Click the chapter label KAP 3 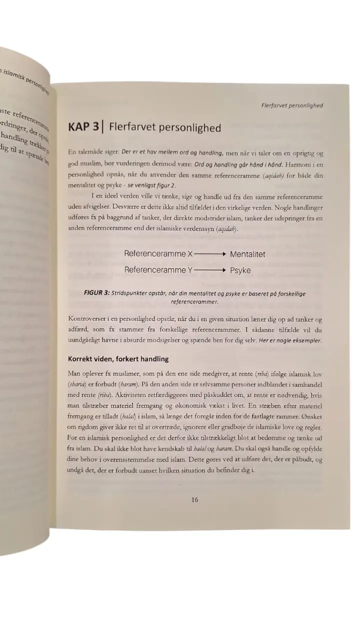[x=83, y=127]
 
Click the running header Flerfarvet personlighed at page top [x=292, y=105]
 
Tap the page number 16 [x=194, y=499]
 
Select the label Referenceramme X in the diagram [x=158, y=254]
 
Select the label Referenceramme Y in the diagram [x=158, y=270]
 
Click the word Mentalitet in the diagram [x=247, y=254]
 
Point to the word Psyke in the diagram [x=240, y=270]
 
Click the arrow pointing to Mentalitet [x=210, y=254]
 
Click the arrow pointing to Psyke [x=210, y=270]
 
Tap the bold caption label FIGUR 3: [x=96, y=293]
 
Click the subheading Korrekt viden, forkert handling [x=118, y=358]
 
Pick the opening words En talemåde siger [x=93, y=151]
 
